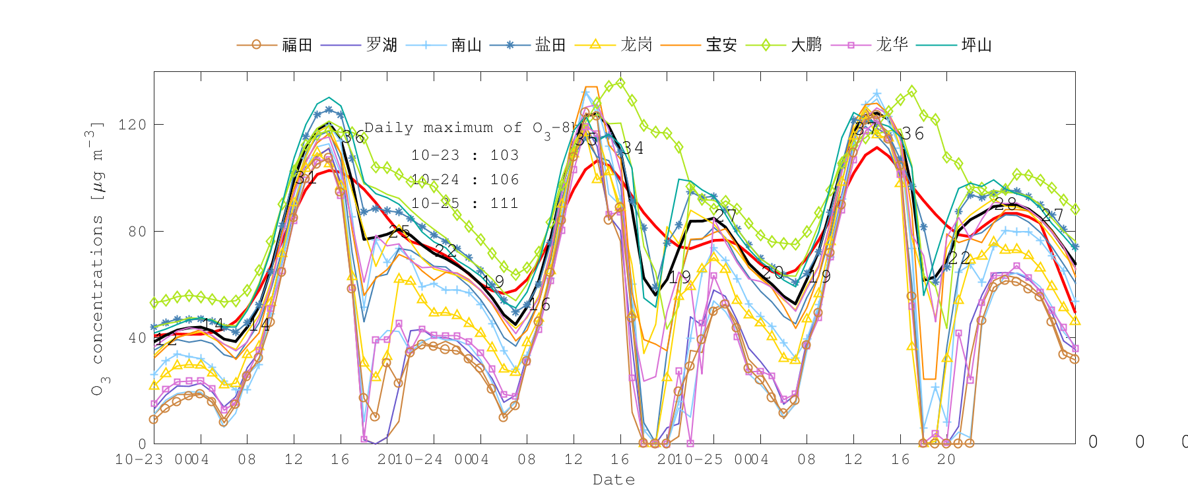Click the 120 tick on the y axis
132,125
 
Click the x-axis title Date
614,480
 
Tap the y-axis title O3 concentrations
97,257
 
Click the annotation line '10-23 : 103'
465,155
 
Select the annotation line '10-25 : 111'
465,203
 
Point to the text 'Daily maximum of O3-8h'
469,128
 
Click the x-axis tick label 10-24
423,459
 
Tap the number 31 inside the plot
306,178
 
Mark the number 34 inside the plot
632,148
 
